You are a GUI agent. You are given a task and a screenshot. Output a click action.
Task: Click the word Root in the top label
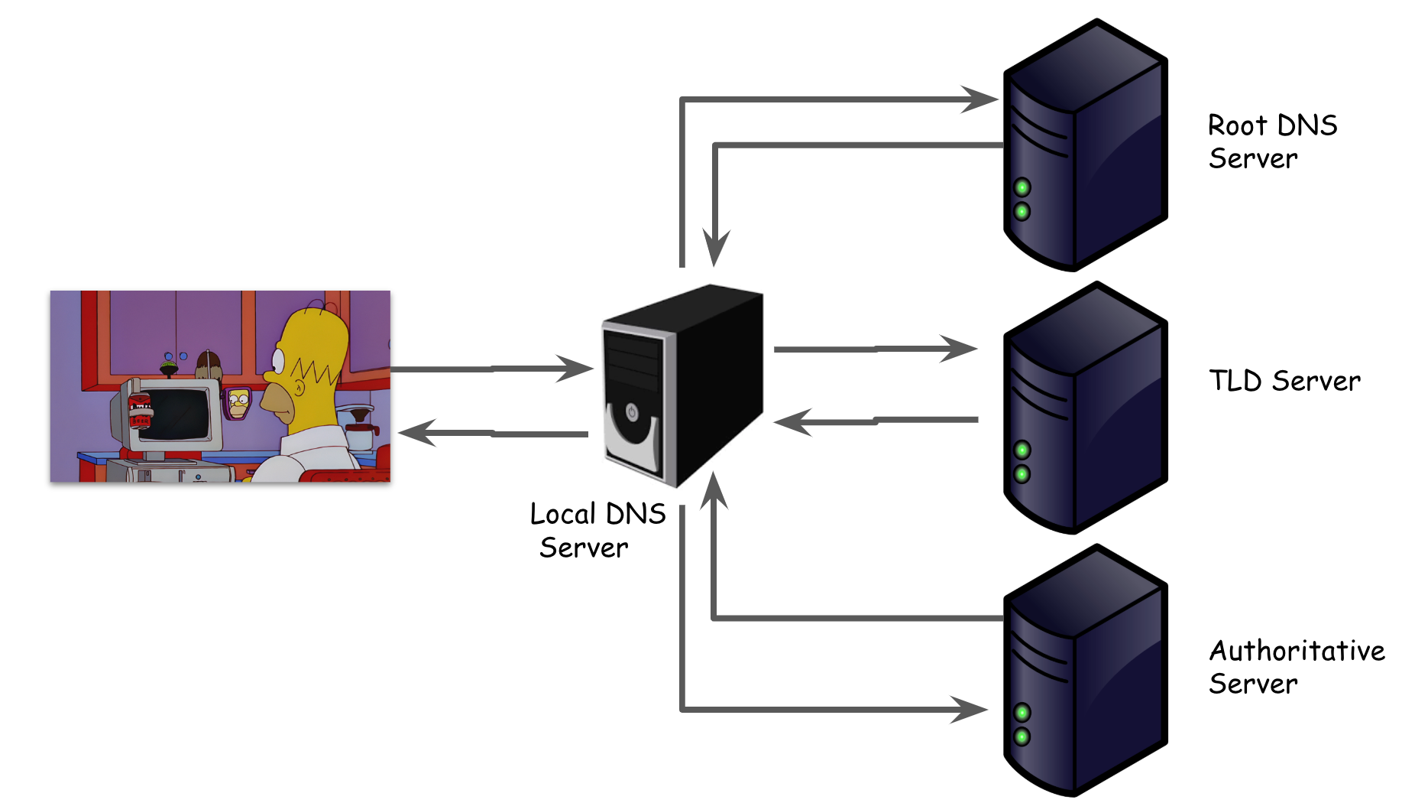(1237, 125)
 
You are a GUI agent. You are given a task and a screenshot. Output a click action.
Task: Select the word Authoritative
(1297, 651)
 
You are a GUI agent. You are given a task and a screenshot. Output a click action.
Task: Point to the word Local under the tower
(563, 514)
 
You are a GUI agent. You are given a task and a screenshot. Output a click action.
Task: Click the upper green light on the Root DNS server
(1022, 187)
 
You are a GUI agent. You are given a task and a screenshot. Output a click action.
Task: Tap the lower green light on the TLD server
(1022, 474)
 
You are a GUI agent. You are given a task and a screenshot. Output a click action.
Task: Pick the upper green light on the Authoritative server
(1022, 713)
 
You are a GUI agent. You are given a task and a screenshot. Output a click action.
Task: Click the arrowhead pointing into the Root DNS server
(980, 99)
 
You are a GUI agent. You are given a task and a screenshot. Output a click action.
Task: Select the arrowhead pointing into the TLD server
(959, 349)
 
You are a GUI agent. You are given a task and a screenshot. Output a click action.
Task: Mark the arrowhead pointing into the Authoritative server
(969, 710)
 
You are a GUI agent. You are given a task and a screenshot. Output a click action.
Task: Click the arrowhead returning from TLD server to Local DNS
(793, 422)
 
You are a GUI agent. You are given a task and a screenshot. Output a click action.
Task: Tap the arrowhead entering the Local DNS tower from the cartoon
(575, 369)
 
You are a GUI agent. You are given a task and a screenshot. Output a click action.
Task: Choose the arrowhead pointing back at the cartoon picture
(417, 433)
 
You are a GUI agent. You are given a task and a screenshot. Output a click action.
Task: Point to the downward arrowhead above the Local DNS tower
(715, 249)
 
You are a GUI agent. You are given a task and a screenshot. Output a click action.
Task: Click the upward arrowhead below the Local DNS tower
(714, 490)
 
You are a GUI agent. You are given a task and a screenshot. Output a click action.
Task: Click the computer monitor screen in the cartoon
(176, 414)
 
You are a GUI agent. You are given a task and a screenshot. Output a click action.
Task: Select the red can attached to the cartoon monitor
(139, 411)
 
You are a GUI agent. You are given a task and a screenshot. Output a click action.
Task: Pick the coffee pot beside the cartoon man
(358, 431)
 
